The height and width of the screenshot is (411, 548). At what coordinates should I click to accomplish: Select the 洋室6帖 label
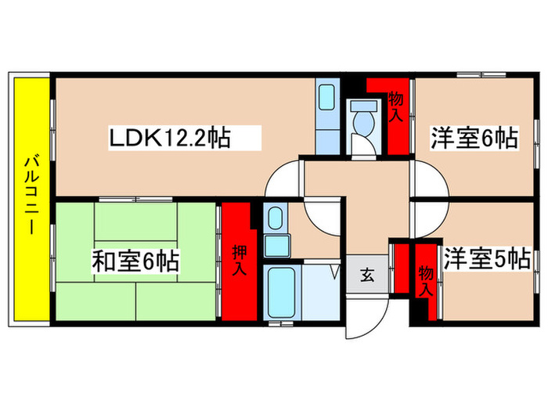(x=473, y=139)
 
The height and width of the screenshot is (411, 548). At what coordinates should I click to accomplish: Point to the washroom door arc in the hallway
(x=322, y=215)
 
